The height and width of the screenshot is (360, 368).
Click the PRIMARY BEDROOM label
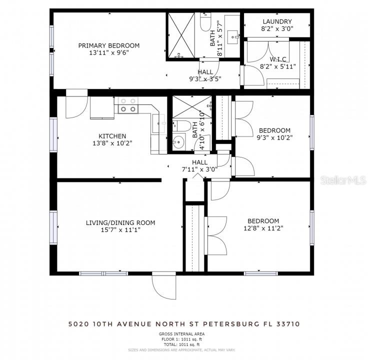click(109, 45)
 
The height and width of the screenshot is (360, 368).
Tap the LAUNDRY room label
click(277, 21)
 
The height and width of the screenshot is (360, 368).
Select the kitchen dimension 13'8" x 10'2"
click(112, 143)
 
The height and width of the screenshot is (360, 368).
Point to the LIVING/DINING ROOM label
click(120, 222)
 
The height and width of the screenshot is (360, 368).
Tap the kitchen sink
click(159, 123)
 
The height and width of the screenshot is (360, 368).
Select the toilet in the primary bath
click(205, 22)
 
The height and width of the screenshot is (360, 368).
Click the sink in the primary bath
click(233, 37)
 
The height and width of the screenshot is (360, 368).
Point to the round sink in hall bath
click(178, 141)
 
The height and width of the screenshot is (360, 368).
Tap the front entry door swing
click(164, 285)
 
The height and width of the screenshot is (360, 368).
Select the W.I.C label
click(278, 59)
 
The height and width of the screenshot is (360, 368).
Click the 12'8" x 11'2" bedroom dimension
click(263, 228)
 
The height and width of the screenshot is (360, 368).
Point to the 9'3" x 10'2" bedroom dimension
click(274, 137)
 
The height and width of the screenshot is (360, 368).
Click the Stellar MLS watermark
click(343, 180)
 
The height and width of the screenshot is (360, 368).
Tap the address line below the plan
click(184, 324)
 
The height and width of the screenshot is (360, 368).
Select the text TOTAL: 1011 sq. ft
click(182, 344)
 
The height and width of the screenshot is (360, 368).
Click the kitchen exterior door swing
click(76, 103)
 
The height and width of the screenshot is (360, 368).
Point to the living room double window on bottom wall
click(103, 273)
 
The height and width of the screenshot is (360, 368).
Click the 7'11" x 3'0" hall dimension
click(199, 169)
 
